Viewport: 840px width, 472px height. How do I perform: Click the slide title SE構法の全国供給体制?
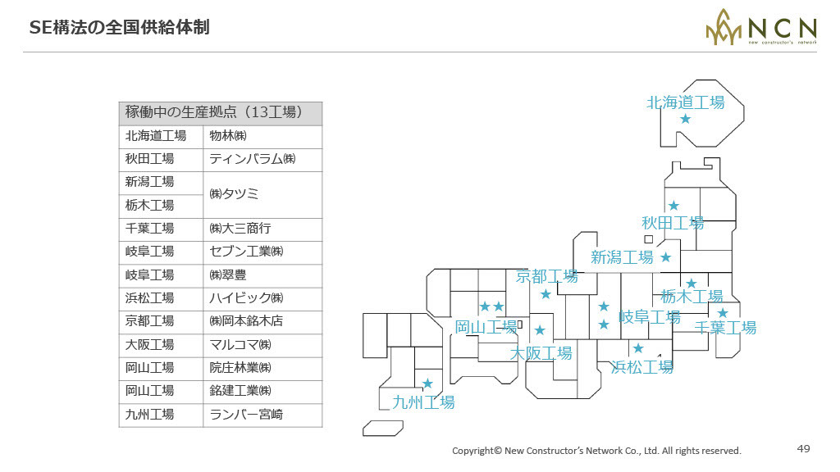tap(119, 27)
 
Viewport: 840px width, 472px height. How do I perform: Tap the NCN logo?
tap(761, 27)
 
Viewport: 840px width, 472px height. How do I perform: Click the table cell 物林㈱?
tap(262, 137)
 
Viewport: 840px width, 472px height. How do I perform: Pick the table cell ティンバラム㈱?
tap(262, 160)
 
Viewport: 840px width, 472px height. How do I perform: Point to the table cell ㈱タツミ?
tap(262, 194)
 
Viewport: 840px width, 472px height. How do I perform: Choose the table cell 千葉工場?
tap(161, 229)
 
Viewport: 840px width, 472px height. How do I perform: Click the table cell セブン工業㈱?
tap(262, 252)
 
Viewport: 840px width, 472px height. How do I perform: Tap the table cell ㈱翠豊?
tap(262, 275)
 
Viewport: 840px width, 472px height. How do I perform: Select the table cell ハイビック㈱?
tap(262, 298)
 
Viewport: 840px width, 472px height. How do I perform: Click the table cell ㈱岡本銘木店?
tap(262, 321)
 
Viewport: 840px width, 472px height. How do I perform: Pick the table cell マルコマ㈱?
tap(262, 345)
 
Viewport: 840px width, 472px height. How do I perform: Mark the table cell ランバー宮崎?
tap(262, 415)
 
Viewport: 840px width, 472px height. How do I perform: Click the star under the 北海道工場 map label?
tap(685, 119)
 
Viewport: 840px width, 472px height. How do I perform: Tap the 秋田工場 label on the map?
tap(673, 223)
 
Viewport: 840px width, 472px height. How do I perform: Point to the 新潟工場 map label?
tap(622, 257)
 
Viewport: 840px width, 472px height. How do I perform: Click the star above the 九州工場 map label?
tap(427, 383)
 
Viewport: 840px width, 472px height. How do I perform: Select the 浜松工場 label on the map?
tap(641, 367)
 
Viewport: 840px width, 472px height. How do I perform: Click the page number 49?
tap(804, 448)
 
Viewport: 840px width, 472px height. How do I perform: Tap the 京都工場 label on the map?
tap(546, 276)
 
